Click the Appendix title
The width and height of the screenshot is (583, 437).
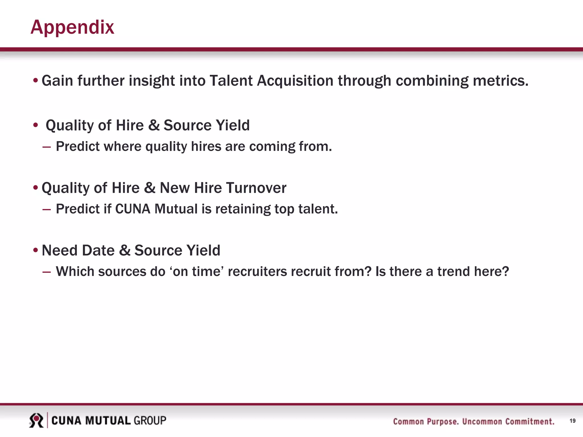[x=72, y=28]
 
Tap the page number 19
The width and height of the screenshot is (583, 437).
[x=572, y=421]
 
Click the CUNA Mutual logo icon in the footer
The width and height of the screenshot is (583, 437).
[x=36, y=420]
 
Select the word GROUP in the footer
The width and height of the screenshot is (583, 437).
[x=150, y=420]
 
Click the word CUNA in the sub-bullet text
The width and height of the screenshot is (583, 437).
[x=133, y=209]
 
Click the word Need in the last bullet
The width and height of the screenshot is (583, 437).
[x=59, y=251]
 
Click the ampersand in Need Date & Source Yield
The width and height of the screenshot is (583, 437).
[x=124, y=251]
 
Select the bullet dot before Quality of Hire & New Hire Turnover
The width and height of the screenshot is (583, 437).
[x=36, y=188]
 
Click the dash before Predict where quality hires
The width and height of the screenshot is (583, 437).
[x=46, y=147]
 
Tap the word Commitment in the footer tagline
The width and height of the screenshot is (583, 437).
[x=530, y=421]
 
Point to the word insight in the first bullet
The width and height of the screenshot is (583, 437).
[x=152, y=81]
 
